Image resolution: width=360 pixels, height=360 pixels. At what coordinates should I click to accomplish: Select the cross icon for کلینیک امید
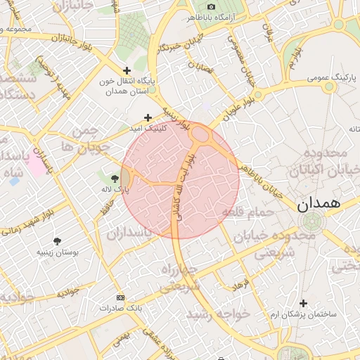pos(148,118)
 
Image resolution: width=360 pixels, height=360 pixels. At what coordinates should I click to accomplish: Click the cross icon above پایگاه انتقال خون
pos(127,70)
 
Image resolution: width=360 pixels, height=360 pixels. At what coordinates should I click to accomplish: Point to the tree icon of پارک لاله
pos(115,179)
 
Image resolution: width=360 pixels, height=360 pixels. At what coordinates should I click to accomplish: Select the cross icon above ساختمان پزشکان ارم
pos(303,303)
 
